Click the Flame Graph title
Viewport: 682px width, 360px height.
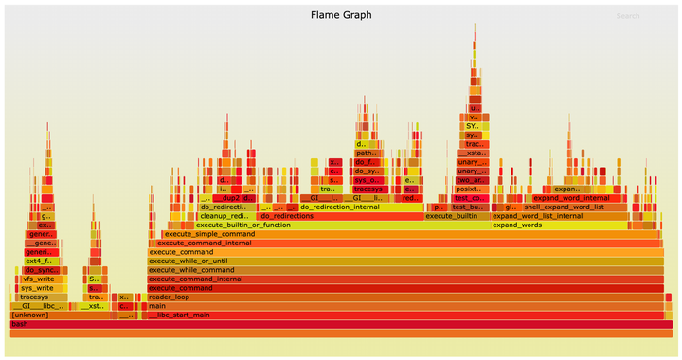[341, 15]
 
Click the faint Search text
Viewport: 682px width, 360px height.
[627, 16]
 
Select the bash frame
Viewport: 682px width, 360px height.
[341, 324]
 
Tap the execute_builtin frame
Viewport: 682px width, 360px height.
[457, 216]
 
